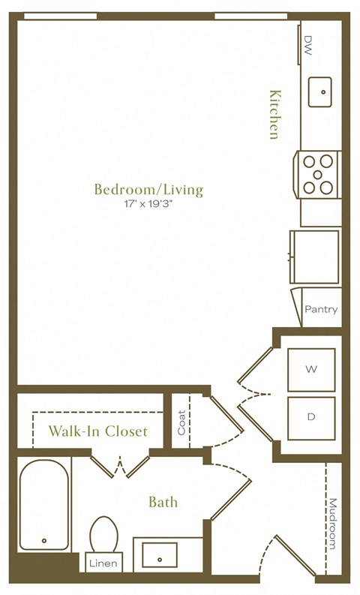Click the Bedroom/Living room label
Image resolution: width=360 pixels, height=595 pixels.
148,189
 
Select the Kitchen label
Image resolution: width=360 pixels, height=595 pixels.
275,114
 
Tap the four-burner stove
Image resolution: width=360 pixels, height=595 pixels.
318,174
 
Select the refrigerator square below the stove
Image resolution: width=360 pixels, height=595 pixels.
315,257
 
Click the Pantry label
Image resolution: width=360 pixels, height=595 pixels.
321,309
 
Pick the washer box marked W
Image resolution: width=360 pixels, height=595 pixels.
311,369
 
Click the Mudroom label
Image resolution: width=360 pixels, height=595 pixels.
333,525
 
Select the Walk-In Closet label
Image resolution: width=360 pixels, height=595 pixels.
97,432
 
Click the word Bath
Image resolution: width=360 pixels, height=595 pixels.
163,501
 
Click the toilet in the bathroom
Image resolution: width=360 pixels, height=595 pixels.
103,534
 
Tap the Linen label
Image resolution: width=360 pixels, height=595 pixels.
103,563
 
